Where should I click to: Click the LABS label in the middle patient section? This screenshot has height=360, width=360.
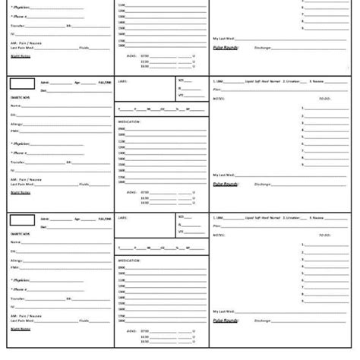[x=122, y=80]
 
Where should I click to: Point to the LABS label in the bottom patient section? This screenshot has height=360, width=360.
[x=122, y=217]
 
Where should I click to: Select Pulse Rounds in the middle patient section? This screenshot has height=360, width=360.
[x=226, y=183]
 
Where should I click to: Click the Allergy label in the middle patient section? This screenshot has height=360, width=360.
[x=17, y=123]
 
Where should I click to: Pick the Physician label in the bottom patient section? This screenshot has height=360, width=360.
[x=22, y=279]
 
